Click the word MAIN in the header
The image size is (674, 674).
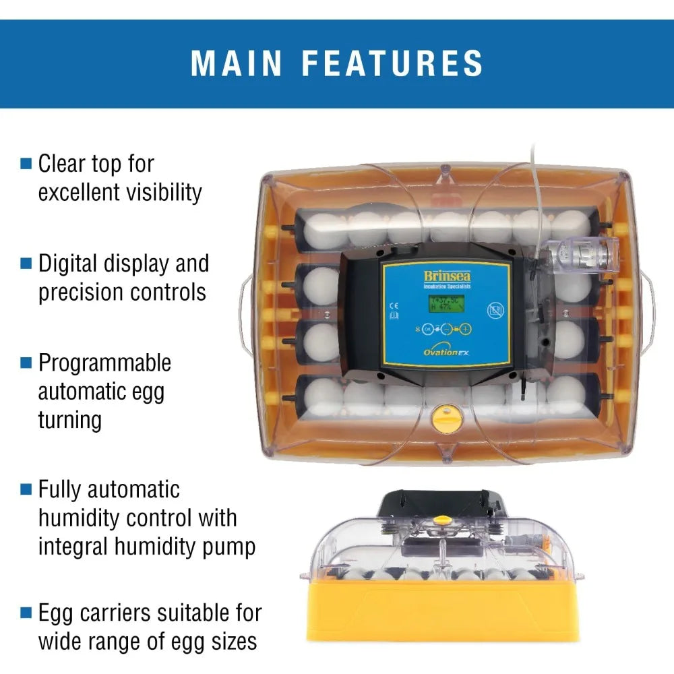237,63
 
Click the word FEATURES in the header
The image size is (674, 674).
392,63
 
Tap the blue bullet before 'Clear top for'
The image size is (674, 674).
26,163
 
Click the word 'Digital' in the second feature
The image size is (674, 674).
71,264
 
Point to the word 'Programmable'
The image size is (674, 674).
104,363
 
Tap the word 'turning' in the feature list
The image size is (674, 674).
69,420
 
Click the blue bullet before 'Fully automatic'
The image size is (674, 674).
26,489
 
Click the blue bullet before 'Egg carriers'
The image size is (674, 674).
26,613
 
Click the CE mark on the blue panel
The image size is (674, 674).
394,305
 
